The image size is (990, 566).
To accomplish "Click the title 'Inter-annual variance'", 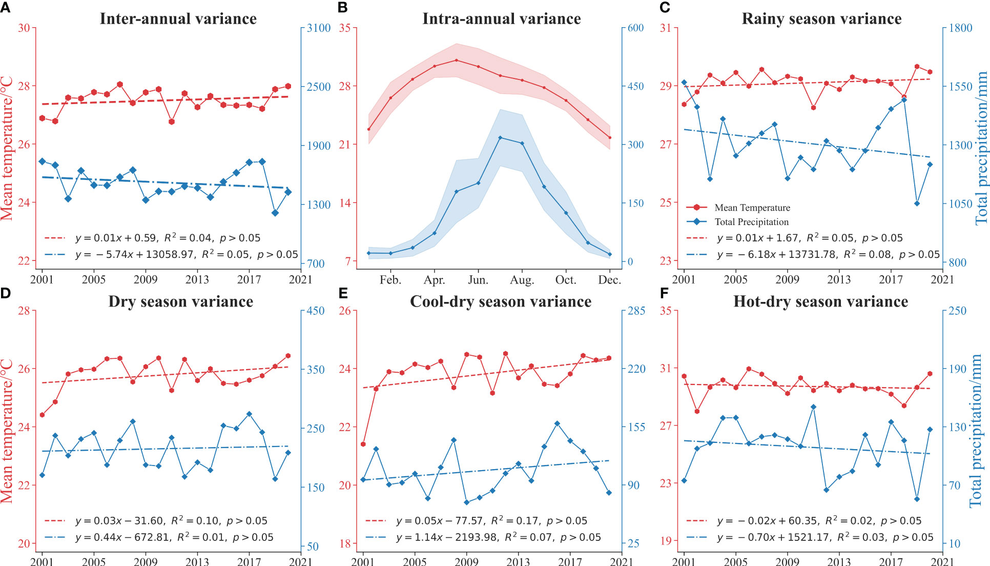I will click(x=178, y=19).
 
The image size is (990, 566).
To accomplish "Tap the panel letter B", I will click(x=343, y=7).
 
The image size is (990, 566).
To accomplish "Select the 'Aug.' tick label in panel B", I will click(x=522, y=280).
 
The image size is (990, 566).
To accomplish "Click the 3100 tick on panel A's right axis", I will click(x=319, y=28).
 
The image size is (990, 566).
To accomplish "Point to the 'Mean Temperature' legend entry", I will click(x=752, y=208).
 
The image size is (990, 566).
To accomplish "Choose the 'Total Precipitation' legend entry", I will click(x=751, y=222).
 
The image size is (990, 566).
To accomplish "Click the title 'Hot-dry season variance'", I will click(x=820, y=301).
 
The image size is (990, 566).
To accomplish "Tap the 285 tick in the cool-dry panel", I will click(x=636, y=311).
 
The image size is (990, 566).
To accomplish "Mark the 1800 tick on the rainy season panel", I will click(x=960, y=28).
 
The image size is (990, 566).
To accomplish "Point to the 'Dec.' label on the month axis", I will click(x=610, y=280).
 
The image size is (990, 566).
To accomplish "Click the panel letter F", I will click(x=665, y=293).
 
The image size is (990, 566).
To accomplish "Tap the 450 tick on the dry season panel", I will click(x=316, y=311).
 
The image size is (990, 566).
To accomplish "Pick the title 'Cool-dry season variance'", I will click(x=501, y=301).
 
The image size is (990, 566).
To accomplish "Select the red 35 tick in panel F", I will click(x=666, y=311).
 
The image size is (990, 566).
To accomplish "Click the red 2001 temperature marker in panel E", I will click(x=363, y=444).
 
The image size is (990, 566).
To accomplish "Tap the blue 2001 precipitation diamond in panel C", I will click(x=684, y=83).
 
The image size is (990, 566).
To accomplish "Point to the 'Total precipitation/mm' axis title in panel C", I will click(x=981, y=149).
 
